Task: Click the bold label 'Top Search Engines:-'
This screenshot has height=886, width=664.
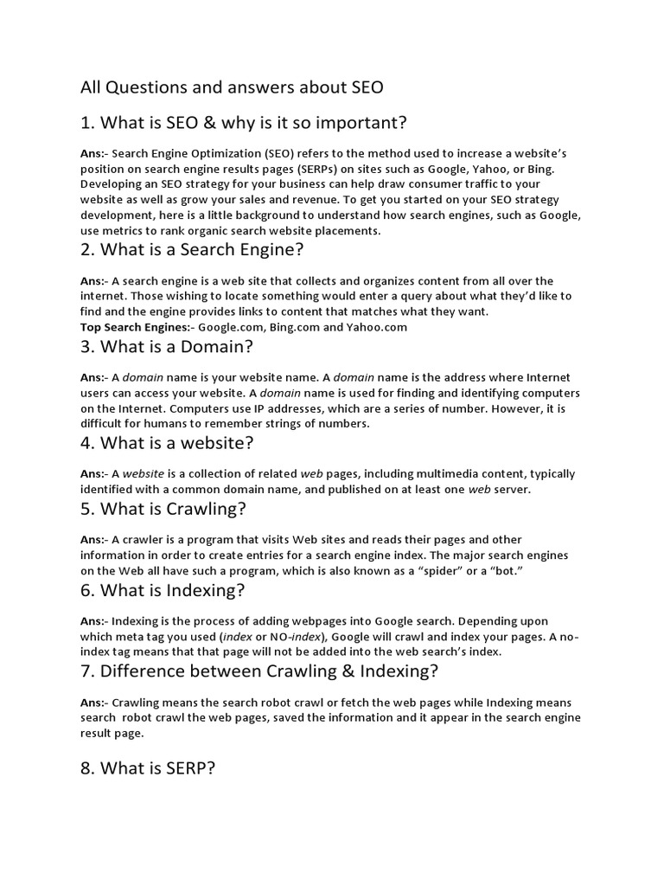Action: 138,327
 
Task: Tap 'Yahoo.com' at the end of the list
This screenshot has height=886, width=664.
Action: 377,327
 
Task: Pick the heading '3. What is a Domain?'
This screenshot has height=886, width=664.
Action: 166,348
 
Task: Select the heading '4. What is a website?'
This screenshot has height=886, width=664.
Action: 167,444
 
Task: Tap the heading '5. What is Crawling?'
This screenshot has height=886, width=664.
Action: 163,509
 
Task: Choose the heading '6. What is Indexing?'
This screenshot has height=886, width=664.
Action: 163,591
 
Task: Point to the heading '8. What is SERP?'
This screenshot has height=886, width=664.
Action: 147,767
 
